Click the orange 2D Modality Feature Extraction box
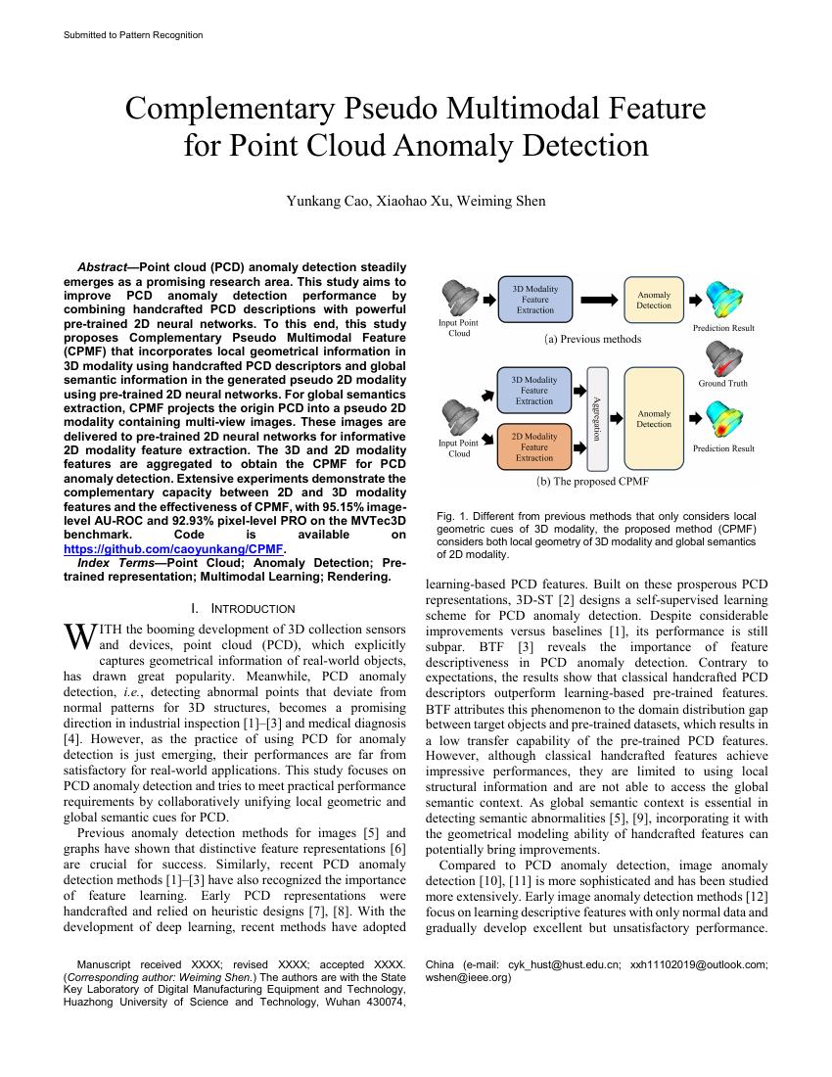534,447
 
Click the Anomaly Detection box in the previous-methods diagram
654,300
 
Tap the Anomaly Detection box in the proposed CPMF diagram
654,419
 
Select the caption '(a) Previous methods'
593,339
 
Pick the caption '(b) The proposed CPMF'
592,482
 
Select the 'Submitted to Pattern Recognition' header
133,35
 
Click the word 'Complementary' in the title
233,108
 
